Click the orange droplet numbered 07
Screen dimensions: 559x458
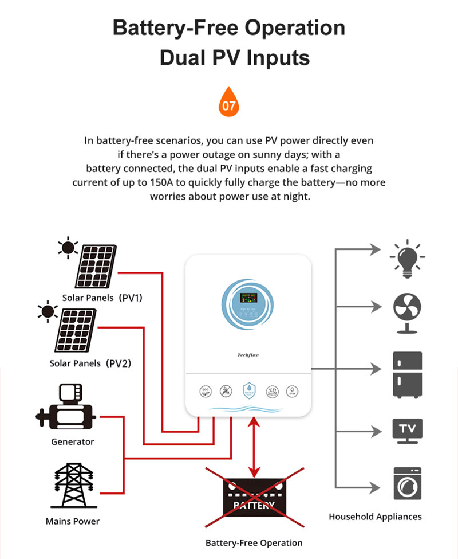click(229, 103)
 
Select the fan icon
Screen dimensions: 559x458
click(407, 313)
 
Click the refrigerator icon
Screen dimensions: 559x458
click(407, 374)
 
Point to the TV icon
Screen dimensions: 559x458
click(407, 430)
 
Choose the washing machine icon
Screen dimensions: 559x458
click(407, 483)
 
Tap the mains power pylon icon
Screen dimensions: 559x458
click(72, 484)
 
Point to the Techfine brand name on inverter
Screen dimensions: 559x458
click(248, 355)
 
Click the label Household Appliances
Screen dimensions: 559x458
click(375, 517)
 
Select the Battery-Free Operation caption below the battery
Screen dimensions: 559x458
click(254, 542)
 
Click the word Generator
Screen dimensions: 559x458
click(72, 442)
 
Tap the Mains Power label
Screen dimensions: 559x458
click(72, 521)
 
